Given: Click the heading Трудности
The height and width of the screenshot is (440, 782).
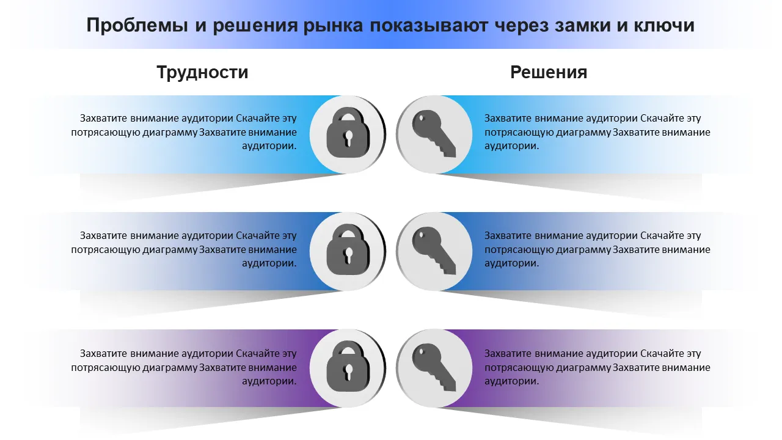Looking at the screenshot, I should point(202,72).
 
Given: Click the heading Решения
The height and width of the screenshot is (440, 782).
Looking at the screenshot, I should point(549,72).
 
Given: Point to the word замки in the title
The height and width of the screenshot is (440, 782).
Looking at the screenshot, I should point(579,26).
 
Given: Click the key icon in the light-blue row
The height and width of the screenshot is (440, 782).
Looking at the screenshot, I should point(434,134).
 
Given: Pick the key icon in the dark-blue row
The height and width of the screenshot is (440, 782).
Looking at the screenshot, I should point(434,251).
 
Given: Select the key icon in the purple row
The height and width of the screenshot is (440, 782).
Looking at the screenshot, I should point(434,369).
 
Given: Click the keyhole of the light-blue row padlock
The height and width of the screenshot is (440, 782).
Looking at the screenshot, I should point(349,139).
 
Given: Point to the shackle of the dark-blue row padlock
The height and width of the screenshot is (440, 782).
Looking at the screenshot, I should point(348,233).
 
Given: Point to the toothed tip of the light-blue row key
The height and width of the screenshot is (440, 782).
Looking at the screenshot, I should point(449,150).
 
